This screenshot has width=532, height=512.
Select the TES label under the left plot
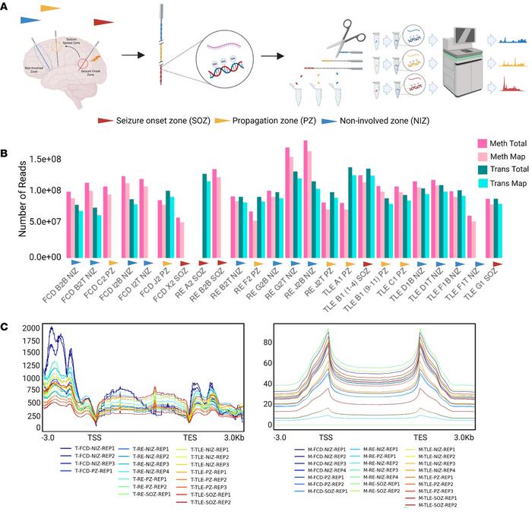coord(188,439)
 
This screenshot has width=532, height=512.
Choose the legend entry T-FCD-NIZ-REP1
coord(91,450)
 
